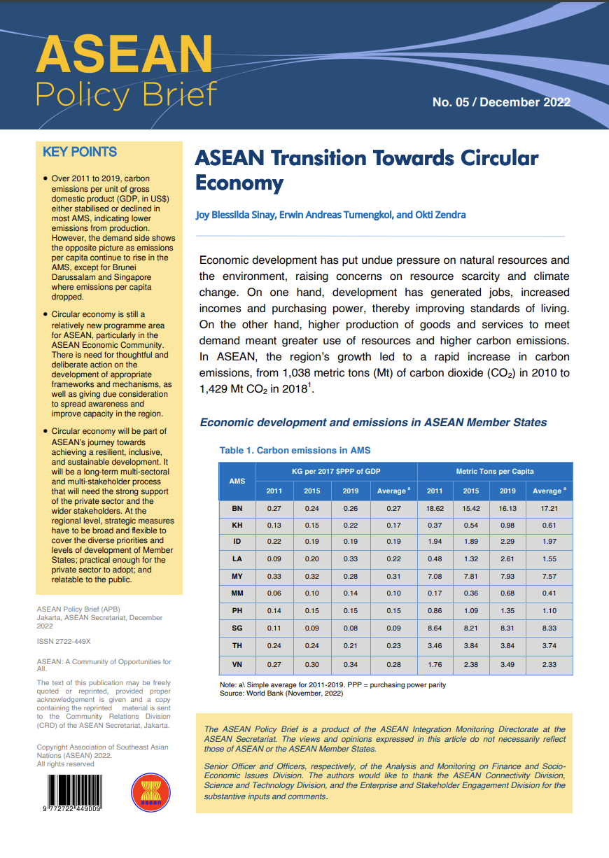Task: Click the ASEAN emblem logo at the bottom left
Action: tap(151, 792)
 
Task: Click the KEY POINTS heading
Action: tap(80, 152)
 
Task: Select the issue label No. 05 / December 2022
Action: tap(501, 102)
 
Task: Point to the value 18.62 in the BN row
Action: tap(435, 508)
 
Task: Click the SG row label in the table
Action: tap(237, 629)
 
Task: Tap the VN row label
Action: tap(237, 664)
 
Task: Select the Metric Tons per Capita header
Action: tap(494, 471)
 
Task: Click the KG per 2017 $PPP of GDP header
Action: tap(336, 471)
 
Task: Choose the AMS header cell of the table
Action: tap(237, 481)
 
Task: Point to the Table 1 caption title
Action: tap(295, 450)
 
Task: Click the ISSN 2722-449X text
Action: tap(64, 641)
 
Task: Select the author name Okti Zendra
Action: tap(441, 215)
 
